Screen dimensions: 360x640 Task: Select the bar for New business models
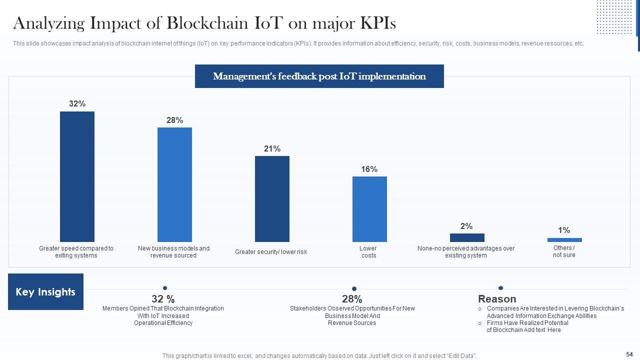(174, 184)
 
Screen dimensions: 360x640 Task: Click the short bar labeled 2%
(467, 237)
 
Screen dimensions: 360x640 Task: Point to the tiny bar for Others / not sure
(564, 240)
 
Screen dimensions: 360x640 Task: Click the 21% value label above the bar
(272, 148)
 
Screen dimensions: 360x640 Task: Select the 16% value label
(369, 169)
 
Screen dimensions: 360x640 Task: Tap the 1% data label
(564, 230)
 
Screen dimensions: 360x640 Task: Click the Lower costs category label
(368, 252)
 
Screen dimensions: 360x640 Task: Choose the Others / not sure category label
(564, 251)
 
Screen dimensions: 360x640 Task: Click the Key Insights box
(45, 292)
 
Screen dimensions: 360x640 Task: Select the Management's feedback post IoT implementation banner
(319, 76)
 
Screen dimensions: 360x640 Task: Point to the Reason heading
(497, 299)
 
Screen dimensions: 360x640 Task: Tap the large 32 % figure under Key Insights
(163, 299)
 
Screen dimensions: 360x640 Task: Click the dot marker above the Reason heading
(500, 288)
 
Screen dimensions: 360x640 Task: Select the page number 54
(629, 353)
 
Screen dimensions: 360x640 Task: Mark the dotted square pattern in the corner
(614, 16)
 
